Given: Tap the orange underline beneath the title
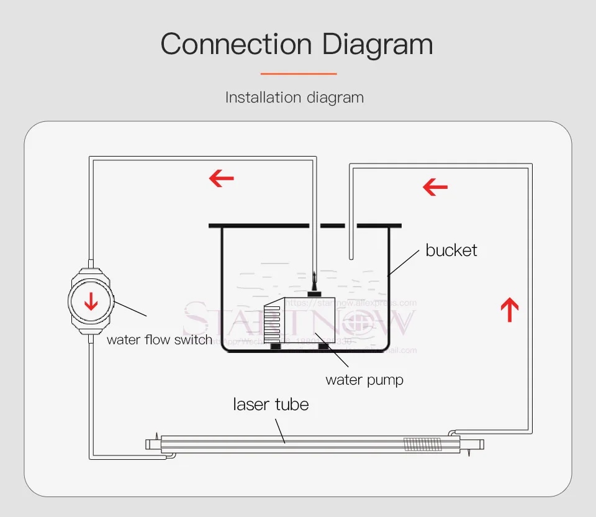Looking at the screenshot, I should coord(298,74).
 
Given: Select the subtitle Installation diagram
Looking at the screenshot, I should coord(294,98).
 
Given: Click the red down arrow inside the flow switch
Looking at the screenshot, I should coord(91,302).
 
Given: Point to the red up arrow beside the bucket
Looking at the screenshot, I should coord(509,309).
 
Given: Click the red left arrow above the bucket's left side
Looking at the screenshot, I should coord(221,179).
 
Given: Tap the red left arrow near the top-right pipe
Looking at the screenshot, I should coord(435,186).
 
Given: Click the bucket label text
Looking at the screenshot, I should coord(451,250).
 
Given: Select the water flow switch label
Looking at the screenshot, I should coord(159,340).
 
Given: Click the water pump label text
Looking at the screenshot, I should coord(364,380).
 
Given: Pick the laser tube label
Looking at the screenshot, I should coord(271,405).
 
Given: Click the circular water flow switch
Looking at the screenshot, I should coord(91,301).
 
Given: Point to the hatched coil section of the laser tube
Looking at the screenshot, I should coord(422,444).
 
